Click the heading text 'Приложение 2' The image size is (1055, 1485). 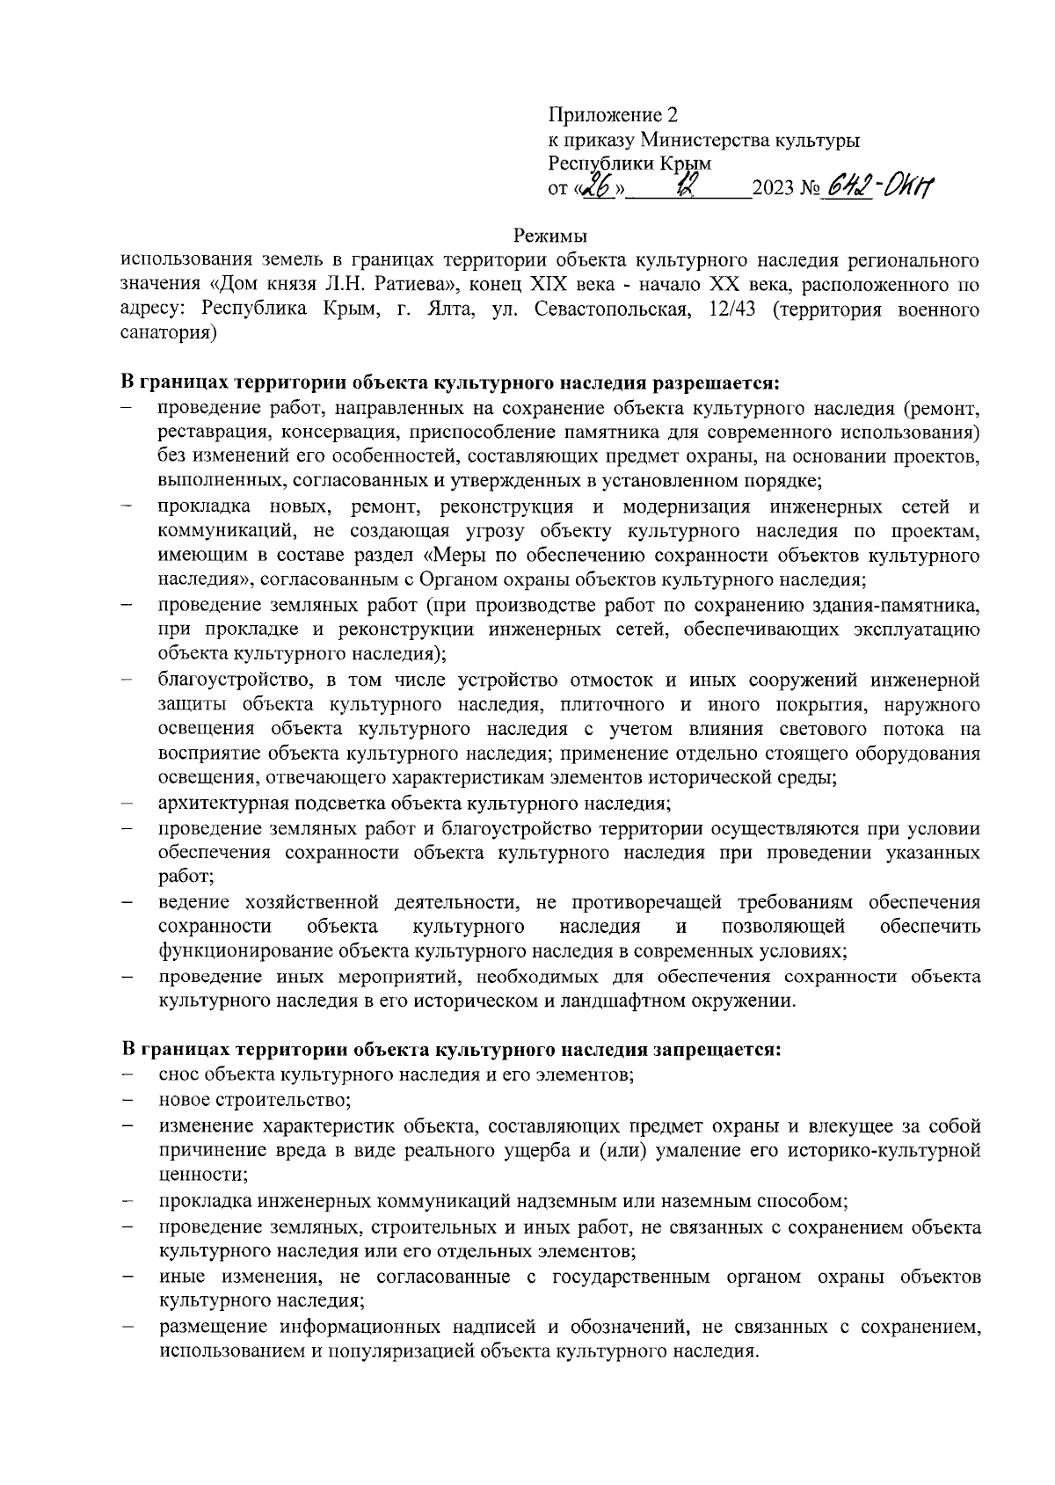[613, 115]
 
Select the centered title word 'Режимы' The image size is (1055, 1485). [549, 237]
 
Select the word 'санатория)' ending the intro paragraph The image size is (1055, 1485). [168, 334]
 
